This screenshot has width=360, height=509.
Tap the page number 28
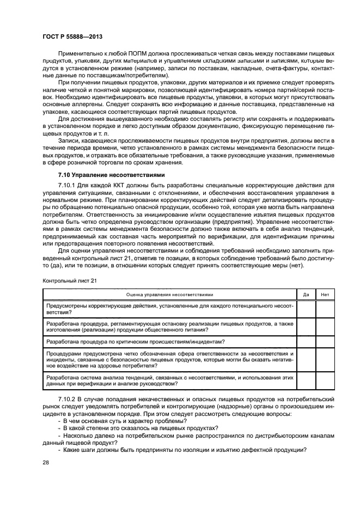click(x=45, y=462)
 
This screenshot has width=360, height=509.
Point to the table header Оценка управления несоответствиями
click(x=170, y=294)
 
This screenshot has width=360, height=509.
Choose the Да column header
click(x=306, y=294)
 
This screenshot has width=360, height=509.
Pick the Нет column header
click(x=325, y=294)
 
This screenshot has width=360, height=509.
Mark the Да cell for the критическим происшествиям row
click(x=306, y=341)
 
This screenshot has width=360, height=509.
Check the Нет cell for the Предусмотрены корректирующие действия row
click(x=325, y=309)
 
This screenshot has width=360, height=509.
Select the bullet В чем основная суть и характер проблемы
click(x=124, y=421)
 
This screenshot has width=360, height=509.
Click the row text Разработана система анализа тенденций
click(x=109, y=377)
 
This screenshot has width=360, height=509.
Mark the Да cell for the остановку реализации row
click(x=306, y=327)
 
